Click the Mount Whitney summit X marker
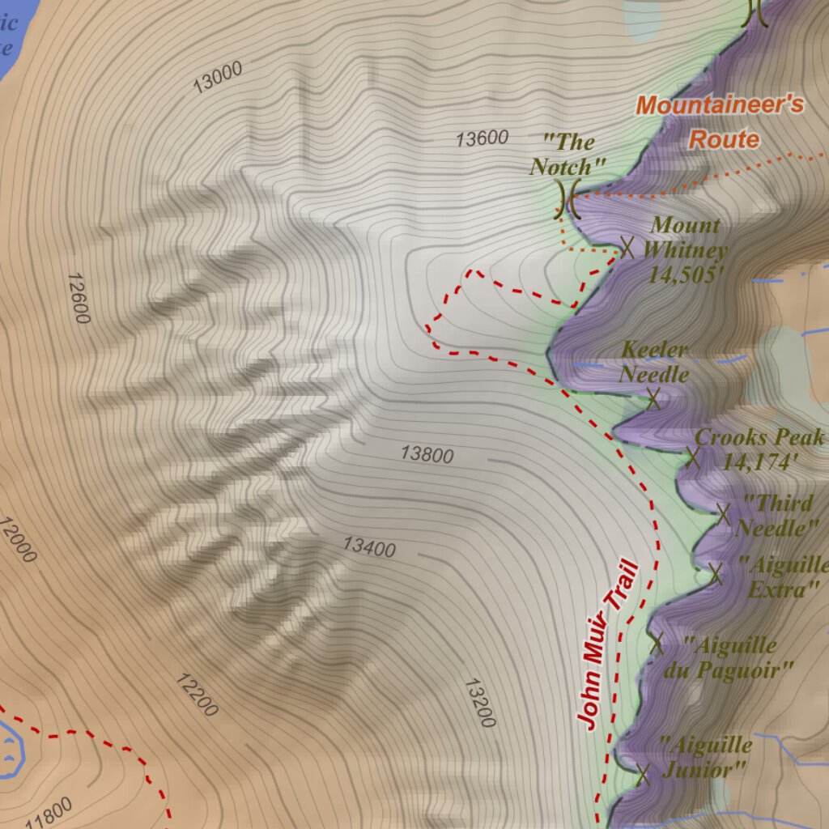point(626,247)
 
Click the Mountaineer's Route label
point(720,121)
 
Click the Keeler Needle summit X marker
point(654,397)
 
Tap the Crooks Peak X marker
point(692,457)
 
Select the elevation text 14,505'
point(685,274)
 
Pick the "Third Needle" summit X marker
point(723,513)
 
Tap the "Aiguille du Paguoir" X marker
point(657,644)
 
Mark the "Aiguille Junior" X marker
point(644,774)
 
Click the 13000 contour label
point(218,79)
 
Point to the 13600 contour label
point(482,138)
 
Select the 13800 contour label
point(427,454)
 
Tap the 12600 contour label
point(79,298)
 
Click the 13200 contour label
point(479,703)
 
